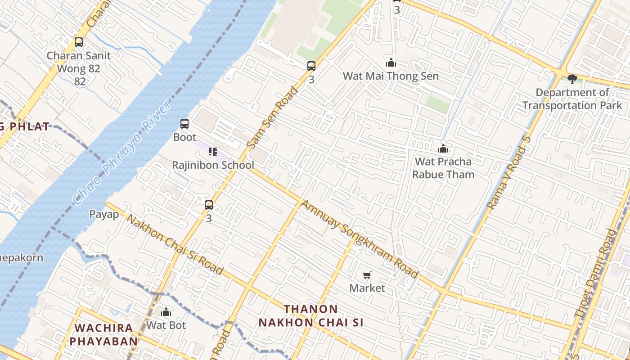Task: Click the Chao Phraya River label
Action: (x=121, y=152)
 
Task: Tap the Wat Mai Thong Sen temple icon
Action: (x=391, y=63)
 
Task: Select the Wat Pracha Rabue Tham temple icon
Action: (x=443, y=148)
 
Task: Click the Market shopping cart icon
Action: (x=367, y=275)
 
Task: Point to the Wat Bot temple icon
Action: (x=166, y=312)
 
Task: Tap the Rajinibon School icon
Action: (x=213, y=152)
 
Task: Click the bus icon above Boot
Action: (x=184, y=124)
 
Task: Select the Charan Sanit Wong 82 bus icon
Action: (x=79, y=42)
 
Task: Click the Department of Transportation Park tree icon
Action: (x=572, y=79)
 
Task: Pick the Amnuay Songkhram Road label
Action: (x=359, y=238)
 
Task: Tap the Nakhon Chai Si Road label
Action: (x=175, y=244)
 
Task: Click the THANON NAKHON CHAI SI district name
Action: (x=311, y=316)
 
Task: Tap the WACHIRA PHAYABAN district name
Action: (x=103, y=334)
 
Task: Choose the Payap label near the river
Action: (x=104, y=214)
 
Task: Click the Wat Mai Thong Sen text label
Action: (x=391, y=76)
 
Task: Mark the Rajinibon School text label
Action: (x=213, y=165)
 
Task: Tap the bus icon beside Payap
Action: (x=209, y=205)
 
